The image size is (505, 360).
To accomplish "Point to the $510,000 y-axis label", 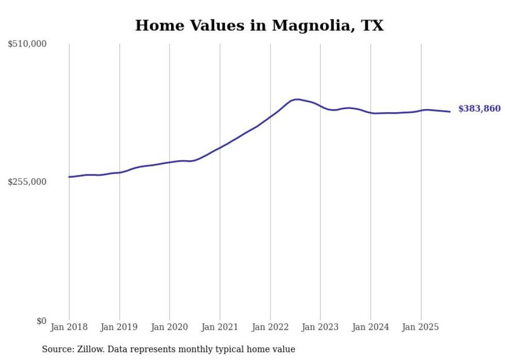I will click(x=27, y=44).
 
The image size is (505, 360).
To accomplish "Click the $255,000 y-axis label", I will click(x=27, y=182).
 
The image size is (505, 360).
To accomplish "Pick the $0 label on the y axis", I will click(x=41, y=321).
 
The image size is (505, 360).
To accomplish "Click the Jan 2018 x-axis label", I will click(x=69, y=327).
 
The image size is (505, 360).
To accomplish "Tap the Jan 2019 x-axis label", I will click(x=120, y=327).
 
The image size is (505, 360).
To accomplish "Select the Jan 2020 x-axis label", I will click(x=170, y=327).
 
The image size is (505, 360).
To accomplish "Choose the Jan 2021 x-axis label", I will click(x=220, y=327).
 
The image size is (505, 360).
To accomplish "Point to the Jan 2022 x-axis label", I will click(x=270, y=327).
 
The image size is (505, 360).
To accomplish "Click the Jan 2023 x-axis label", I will click(x=321, y=327).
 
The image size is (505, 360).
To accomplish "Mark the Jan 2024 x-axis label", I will click(x=371, y=327).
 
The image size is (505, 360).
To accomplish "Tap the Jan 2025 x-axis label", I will click(x=421, y=327).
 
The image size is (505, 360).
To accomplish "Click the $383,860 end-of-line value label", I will click(x=479, y=109).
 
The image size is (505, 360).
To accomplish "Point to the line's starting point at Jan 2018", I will click(x=70, y=177).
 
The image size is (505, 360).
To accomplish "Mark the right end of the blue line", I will click(x=450, y=111).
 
